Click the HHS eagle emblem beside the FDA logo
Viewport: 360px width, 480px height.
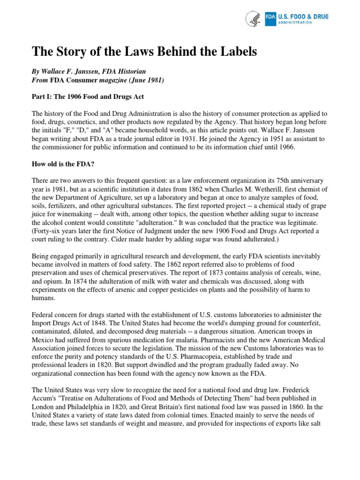pos(253,18)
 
